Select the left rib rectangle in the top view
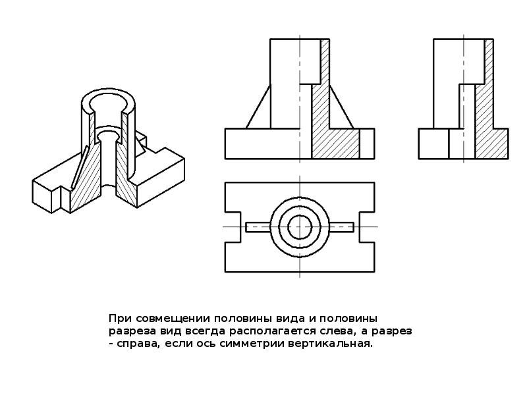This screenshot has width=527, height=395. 258,227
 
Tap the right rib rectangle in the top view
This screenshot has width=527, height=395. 341,227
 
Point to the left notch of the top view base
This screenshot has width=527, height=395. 233,227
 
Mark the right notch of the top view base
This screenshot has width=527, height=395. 367,227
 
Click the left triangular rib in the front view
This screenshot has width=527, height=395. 259,107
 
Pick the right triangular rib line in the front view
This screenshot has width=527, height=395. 341,107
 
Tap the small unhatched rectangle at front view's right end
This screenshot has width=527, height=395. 367,144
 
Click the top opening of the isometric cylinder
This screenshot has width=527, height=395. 108,101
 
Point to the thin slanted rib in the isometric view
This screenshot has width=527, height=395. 80,167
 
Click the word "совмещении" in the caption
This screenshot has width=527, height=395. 174,319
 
